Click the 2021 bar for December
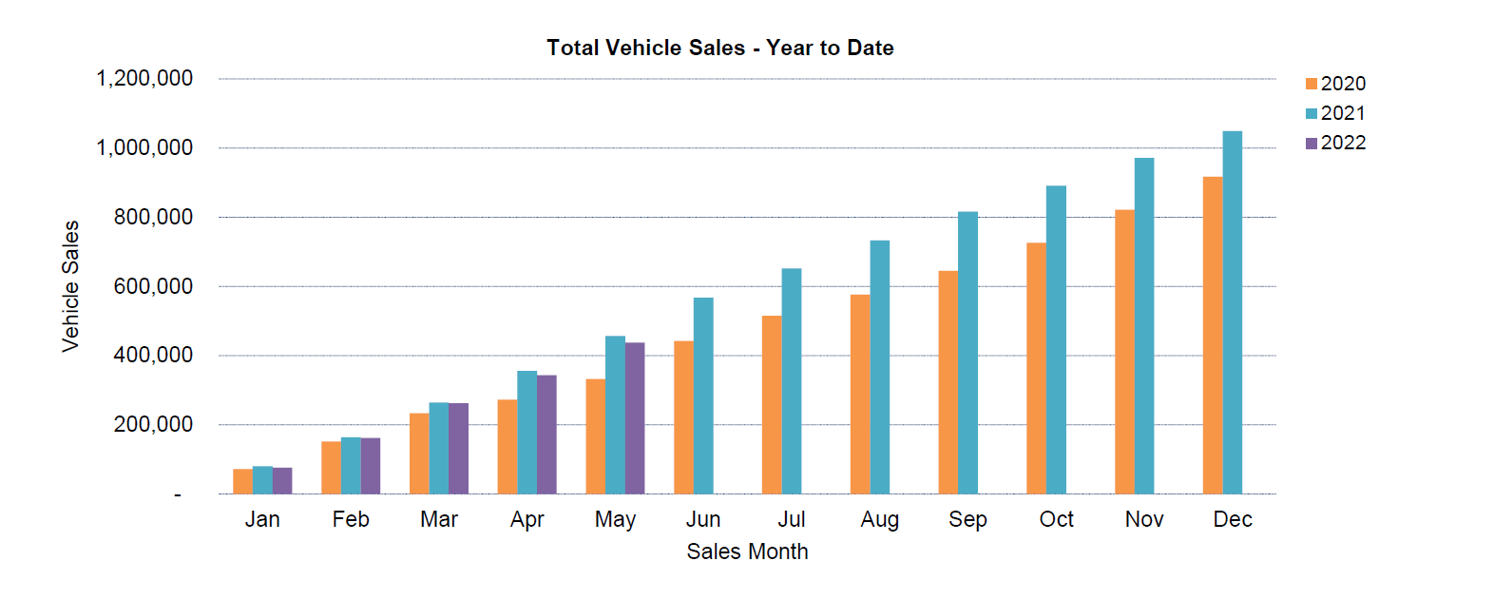(1232, 314)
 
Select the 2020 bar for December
(1212, 336)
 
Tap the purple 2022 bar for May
(635, 418)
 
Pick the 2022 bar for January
(282, 481)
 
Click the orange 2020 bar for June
(683, 417)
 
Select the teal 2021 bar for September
(967, 353)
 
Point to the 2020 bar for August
(859, 395)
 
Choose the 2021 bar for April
(527, 433)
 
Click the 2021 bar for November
(1143, 326)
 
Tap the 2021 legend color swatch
(1312, 113)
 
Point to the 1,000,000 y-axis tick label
(144, 147)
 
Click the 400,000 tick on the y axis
(153, 355)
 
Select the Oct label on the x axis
(1056, 519)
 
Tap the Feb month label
(351, 519)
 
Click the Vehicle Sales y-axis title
(71, 286)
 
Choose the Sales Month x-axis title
(747, 552)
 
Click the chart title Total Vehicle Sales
(719, 48)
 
